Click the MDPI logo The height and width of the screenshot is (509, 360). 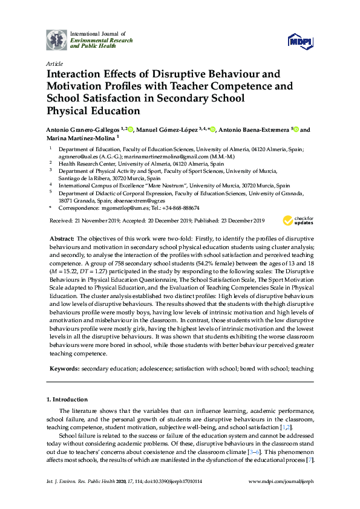pos(301,41)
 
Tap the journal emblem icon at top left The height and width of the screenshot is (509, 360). pos(57,39)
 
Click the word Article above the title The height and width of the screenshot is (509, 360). pos(53,63)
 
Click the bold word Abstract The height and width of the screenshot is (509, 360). pos(61,239)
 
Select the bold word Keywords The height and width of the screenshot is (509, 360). pos(64,368)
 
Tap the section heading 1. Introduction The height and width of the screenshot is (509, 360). pos(67,400)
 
